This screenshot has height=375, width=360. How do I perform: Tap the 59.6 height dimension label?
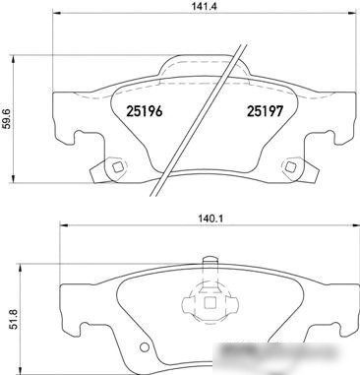pyautogui.click(x=7, y=119)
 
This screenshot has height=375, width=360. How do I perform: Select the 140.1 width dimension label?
pyautogui.click(x=211, y=219)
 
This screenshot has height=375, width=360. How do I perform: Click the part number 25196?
pyautogui.click(x=145, y=111)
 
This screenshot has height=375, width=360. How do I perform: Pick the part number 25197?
pyautogui.click(x=265, y=111)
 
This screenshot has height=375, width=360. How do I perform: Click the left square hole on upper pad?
pyautogui.click(x=118, y=167)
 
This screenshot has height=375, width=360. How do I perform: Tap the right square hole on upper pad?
pyautogui.click(x=290, y=167)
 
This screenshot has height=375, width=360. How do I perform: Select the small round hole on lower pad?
pyautogui.click(x=144, y=347)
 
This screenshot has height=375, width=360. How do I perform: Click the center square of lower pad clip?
pyautogui.click(x=210, y=302)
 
